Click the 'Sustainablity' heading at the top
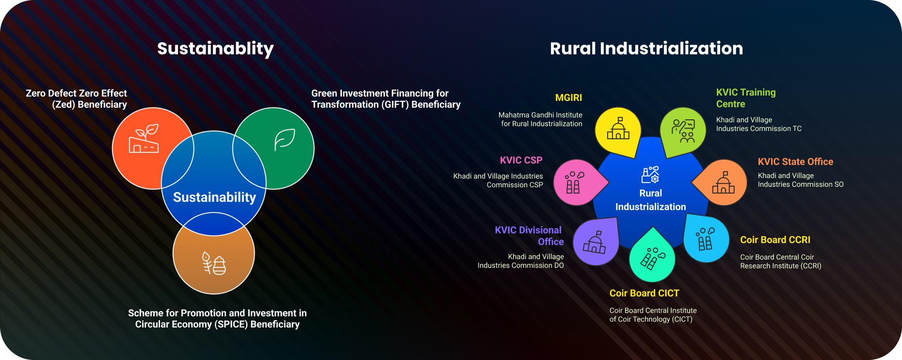coord(215,49)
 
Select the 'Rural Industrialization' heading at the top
coord(646,49)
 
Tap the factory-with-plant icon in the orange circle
coord(144,139)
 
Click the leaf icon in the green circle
coord(285,140)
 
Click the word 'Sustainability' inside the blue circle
coord(214,197)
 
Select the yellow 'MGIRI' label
coord(568,98)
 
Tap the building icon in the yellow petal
coord(618,128)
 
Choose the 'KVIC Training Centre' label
coord(746,98)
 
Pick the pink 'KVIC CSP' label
coord(521,160)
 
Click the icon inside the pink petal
coord(574,182)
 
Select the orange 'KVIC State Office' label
coord(795,162)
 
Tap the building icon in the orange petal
coord(724,182)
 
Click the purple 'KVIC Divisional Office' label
coord(529,236)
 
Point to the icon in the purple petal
coord(595,242)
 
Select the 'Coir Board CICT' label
coord(644,293)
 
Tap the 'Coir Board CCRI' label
coord(775,240)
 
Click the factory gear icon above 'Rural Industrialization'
coord(650,174)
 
